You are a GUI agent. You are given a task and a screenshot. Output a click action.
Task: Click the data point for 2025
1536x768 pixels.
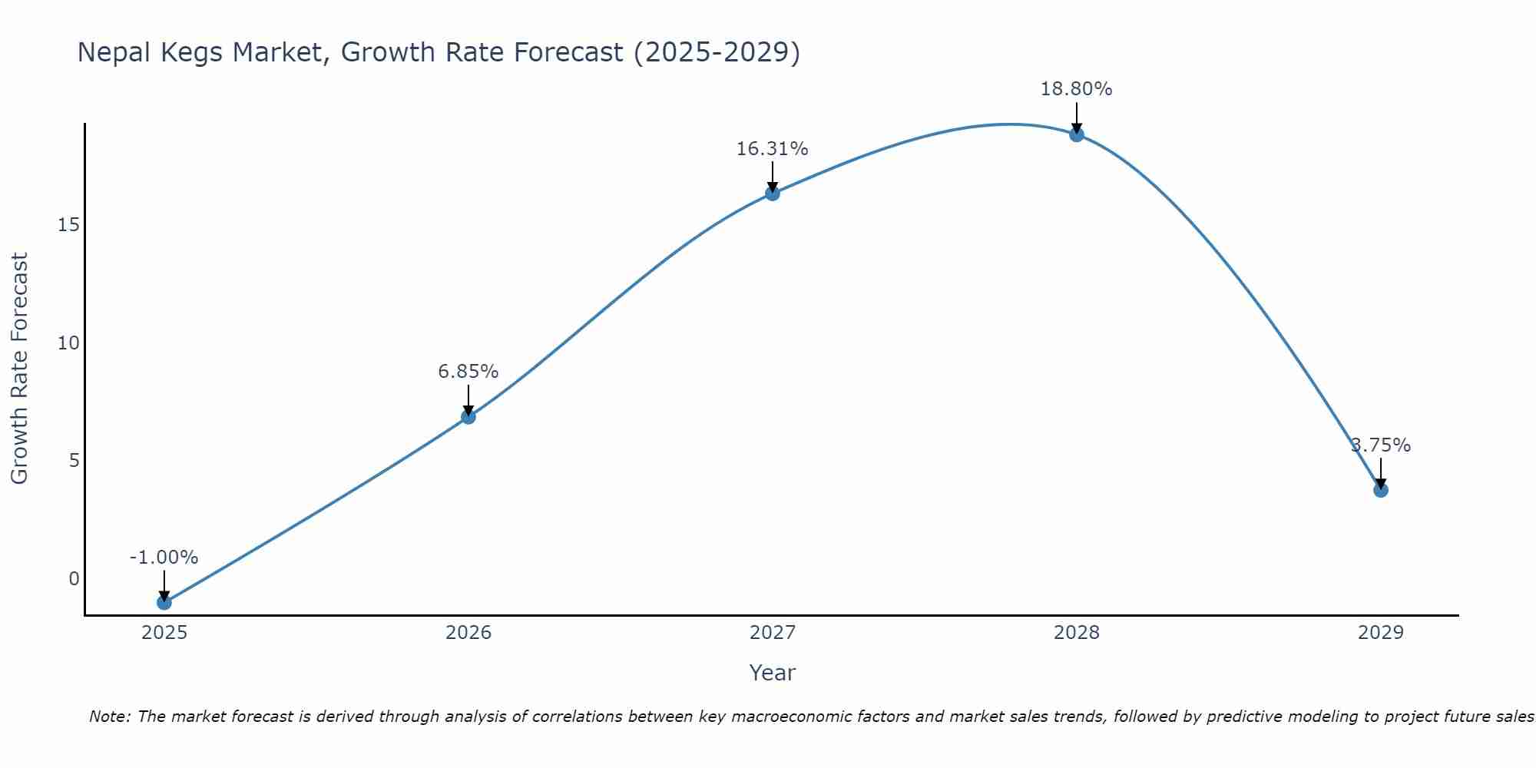tap(164, 602)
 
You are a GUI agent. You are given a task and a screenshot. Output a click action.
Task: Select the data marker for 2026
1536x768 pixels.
tap(468, 416)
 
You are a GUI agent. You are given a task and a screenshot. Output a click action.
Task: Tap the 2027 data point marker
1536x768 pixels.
tap(772, 194)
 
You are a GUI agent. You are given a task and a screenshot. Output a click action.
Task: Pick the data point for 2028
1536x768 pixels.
tap(1077, 134)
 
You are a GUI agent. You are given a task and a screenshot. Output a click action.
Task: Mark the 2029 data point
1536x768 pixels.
tap(1381, 490)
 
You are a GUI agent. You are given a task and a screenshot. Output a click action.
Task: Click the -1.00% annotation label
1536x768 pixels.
tap(164, 558)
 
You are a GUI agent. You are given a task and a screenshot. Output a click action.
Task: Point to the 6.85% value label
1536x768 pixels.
tap(468, 372)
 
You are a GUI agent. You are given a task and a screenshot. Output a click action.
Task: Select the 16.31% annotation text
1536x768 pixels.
tap(772, 149)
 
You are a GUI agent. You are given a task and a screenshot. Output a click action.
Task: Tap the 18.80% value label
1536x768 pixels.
tap(1076, 89)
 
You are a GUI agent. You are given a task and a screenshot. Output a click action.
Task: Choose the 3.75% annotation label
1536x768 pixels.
tap(1381, 445)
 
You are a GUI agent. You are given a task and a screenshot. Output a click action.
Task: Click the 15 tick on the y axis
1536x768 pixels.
tap(68, 225)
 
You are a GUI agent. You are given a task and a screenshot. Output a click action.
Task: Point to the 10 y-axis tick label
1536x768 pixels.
tap(68, 343)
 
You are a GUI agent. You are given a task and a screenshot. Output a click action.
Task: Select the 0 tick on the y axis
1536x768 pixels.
tap(74, 579)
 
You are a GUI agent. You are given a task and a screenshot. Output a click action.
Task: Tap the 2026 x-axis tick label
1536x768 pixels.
tap(468, 633)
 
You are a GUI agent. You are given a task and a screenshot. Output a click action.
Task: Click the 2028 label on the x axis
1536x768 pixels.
tap(1076, 633)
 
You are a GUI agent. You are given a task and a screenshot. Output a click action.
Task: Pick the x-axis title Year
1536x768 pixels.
tap(772, 673)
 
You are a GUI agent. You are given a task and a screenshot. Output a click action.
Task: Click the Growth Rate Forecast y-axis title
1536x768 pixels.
tap(20, 369)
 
